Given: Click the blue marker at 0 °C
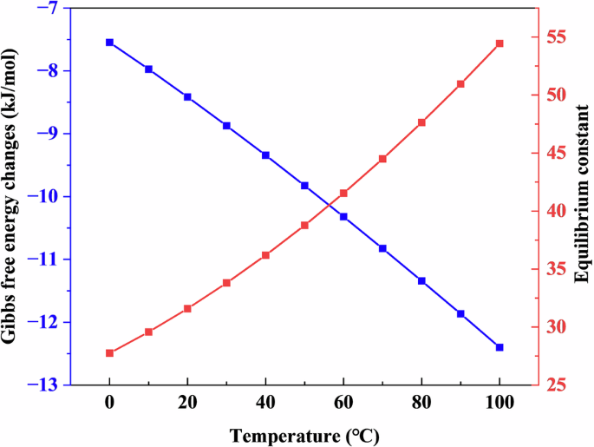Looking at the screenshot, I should point(109,42).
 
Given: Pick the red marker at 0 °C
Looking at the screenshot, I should point(109,353).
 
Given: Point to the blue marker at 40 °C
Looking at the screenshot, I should point(265,154).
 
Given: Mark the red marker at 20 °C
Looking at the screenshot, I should point(187,308).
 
